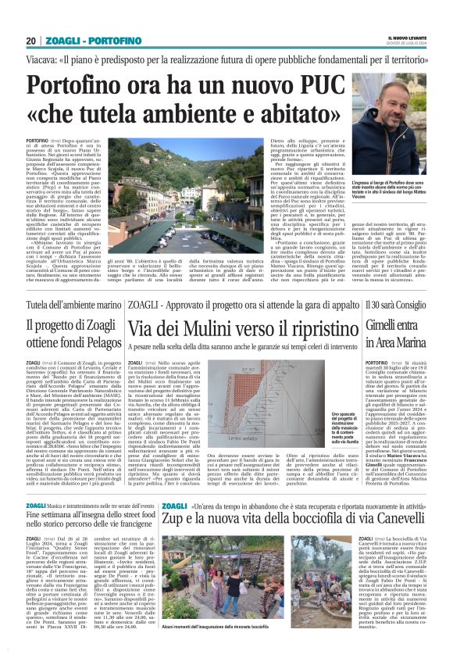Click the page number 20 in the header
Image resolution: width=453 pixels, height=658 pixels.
click(x=30, y=41)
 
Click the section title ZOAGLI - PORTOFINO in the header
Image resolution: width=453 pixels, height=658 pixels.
click(x=84, y=41)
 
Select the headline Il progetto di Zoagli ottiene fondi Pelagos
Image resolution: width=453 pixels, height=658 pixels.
click(x=73, y=331)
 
